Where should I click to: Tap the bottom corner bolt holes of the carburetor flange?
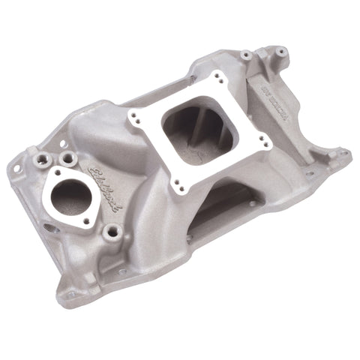(178, 184)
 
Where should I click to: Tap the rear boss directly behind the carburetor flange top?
(245, 55)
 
